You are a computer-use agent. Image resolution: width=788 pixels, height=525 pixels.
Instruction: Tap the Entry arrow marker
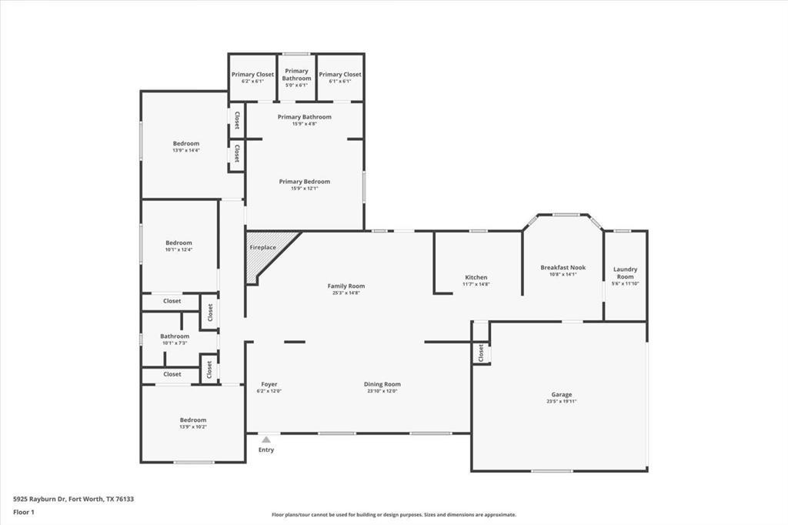tap(265, 440)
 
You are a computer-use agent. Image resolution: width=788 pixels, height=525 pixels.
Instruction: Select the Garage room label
tap(561, 395)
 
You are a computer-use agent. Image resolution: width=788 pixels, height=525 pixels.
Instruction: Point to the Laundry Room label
tap(625, 273)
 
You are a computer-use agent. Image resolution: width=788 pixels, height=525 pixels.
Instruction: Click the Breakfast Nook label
tap(563, 267)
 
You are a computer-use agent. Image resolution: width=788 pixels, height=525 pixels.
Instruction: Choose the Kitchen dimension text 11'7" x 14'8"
tap(476, 284)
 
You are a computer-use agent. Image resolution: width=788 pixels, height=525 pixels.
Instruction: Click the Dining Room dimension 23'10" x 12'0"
tap(382, 391)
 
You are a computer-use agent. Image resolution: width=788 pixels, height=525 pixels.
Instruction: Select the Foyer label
tap(269, 384)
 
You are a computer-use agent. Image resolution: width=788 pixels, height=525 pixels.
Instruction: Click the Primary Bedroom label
tap(304, 182)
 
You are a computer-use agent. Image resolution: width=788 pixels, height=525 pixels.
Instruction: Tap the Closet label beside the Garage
tap(481, 353)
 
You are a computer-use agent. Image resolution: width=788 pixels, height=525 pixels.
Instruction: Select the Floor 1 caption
tap(24, 511)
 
